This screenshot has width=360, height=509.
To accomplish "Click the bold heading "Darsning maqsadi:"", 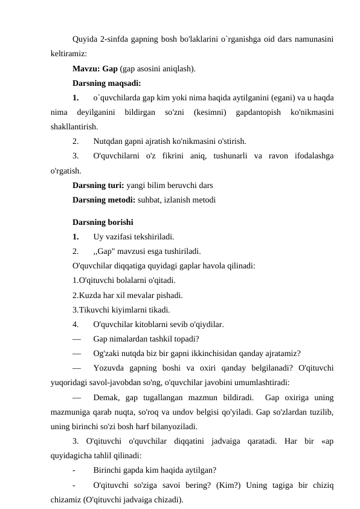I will point(106,83).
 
